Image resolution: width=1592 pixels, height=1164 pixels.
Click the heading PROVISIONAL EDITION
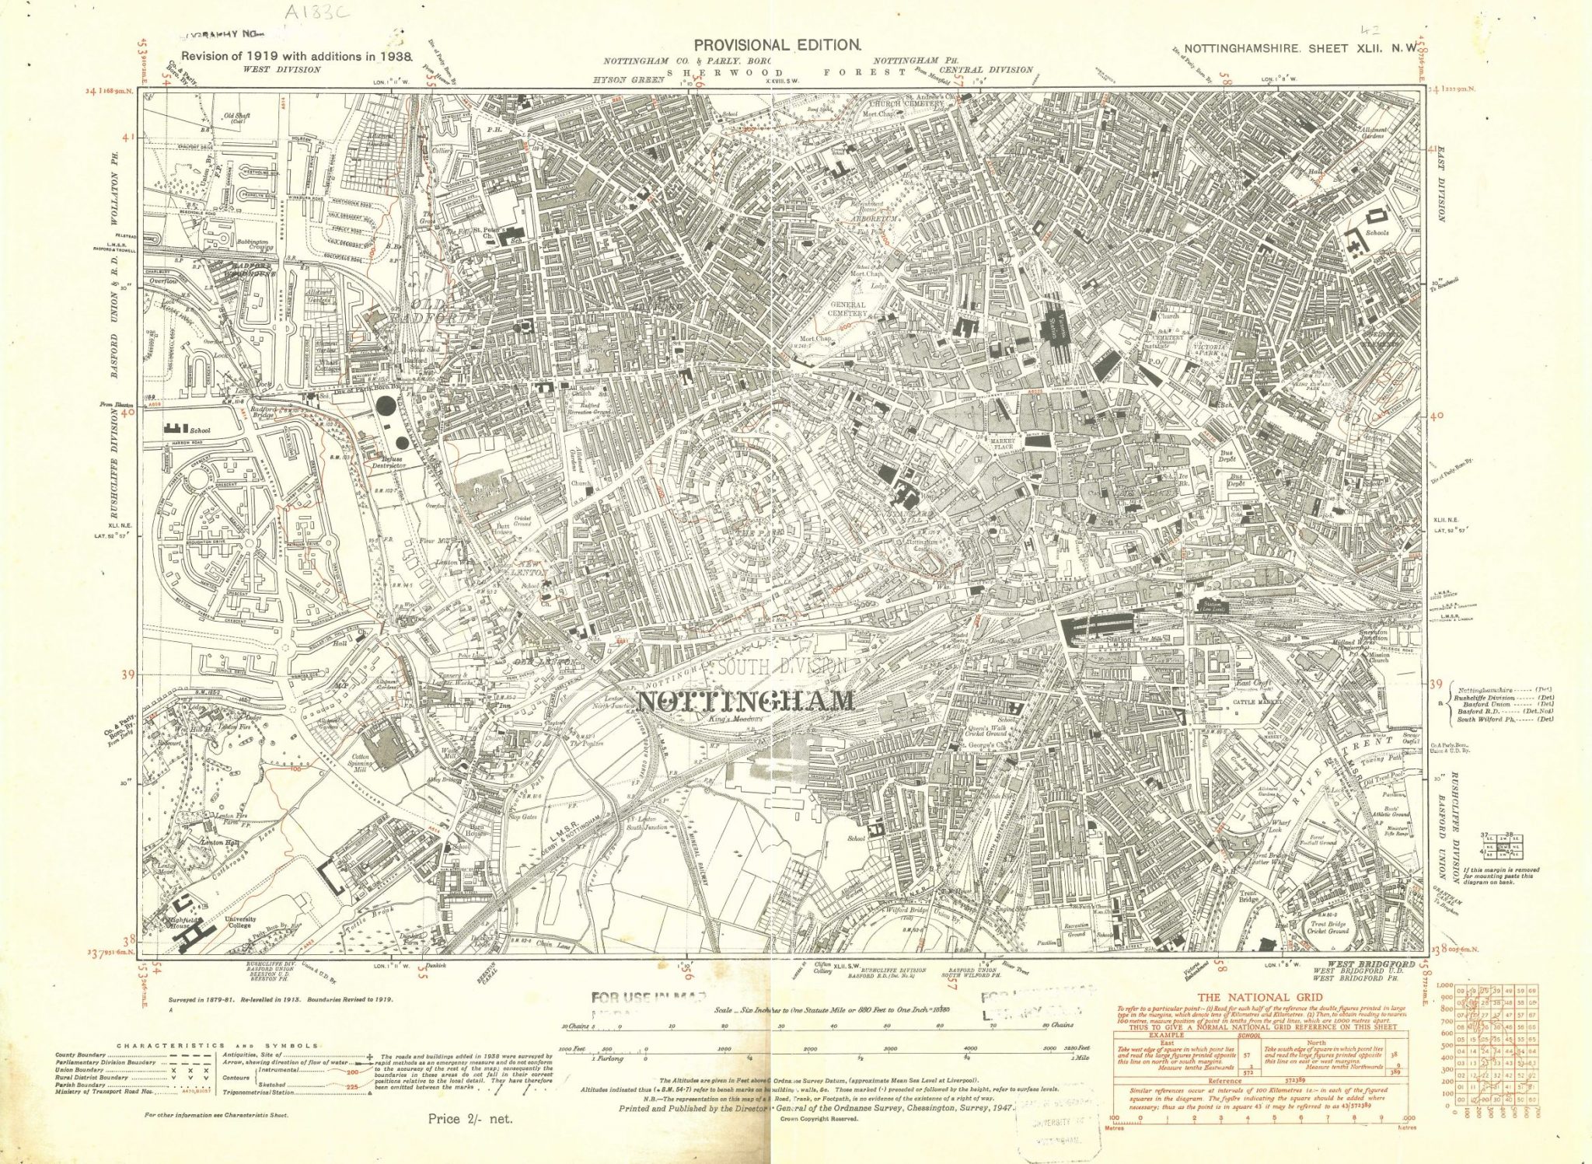point(777,45)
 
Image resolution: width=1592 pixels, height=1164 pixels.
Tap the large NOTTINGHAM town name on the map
point(745,701)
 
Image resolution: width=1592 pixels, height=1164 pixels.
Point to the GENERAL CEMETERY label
point(847,309)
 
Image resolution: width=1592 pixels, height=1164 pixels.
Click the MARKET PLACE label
point(1004,444)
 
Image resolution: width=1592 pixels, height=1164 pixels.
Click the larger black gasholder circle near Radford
point(386,406)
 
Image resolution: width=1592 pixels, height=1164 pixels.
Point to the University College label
point(240,922)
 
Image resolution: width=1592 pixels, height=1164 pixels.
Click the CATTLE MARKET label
point(1255,702)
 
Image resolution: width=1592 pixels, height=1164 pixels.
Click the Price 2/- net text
point(470,1119)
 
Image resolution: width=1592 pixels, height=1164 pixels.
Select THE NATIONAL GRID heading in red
point(1259,998)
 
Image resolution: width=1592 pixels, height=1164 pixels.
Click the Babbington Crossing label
point(251,245)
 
